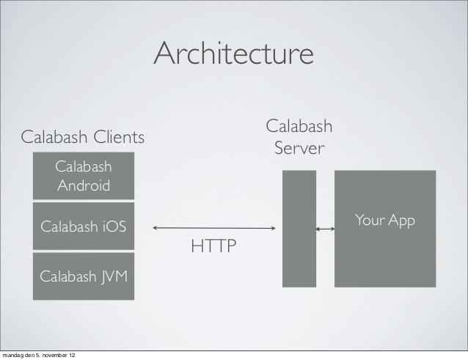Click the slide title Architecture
pyautogui.click(x=234, y=54)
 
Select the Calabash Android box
pyautogui.click(x=84, y=176)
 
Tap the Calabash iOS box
pyautogui.click(x=84, y=227)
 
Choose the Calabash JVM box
pyautogui.click(x=84, y=276)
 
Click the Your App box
pyautogui.click(x=385, y=229)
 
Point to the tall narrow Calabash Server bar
pyautogui.click(x=299, y=229)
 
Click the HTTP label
pyautogui.click(x=214, y=246)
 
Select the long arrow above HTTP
pyautogui.click(x=214, y=229)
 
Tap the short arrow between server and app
pyautogui.click(x=325, y=229)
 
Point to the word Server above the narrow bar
pyautogui.click(x=299, y=149)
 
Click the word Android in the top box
pyautogui.click(x=84, y=185)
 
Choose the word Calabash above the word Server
pyautogui.click(x=299, y=127)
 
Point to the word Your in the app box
pyautogui.click(x=369, y=220)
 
